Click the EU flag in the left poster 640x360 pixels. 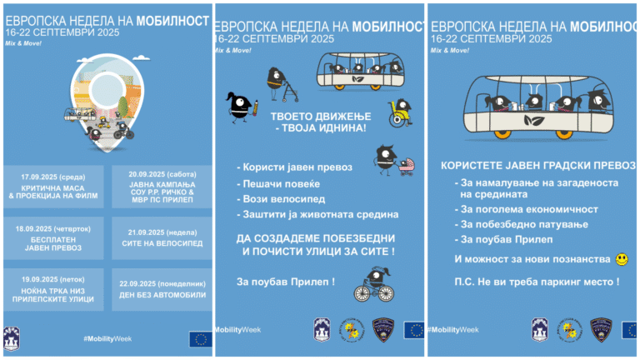200,338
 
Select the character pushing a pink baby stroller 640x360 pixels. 387,160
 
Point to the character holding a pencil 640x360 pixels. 239,105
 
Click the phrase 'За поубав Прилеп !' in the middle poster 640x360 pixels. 285,281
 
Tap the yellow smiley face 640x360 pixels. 621,260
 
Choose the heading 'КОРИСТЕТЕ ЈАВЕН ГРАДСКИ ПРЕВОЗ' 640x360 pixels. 532,166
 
